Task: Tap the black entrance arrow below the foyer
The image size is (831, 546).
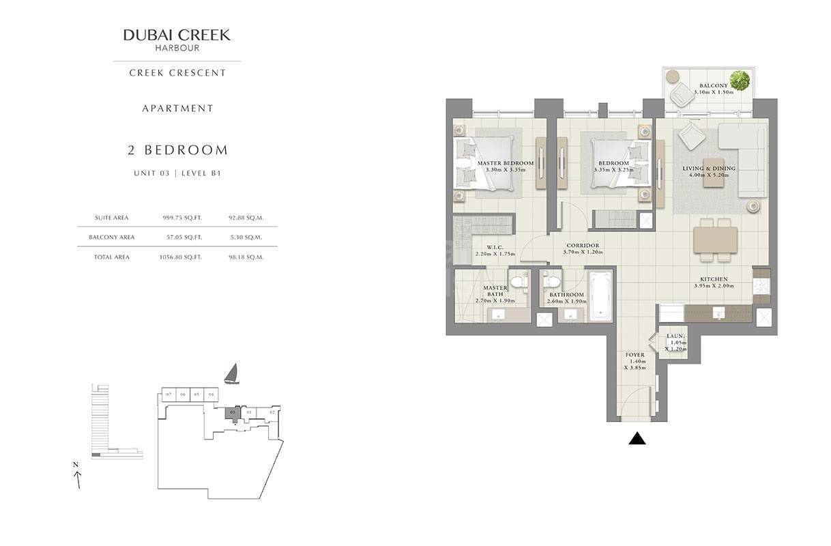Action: tap(637, 439)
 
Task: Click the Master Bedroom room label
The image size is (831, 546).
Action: tap(506, 163)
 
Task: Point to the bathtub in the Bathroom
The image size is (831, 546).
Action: tap(600, 296)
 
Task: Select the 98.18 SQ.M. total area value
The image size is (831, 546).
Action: tap(246, 257)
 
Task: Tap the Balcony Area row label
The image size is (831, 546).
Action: tap(111, 238)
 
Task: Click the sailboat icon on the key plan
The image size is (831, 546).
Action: tap(232, 374)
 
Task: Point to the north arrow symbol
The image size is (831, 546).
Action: tap(78, 478)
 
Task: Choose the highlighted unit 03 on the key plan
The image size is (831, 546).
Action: tap(233, 413)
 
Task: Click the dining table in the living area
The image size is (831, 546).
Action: tap(715, 240)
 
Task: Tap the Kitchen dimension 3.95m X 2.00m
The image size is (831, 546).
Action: tap(713, 286)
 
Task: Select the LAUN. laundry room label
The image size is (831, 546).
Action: tap(675, 336)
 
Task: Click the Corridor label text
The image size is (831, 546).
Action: tap(583, 245)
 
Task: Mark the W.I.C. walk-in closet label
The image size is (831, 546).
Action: tap(495, 247)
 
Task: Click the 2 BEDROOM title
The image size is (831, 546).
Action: tap(177, 150)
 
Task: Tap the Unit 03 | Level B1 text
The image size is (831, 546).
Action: tap(177, 174)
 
